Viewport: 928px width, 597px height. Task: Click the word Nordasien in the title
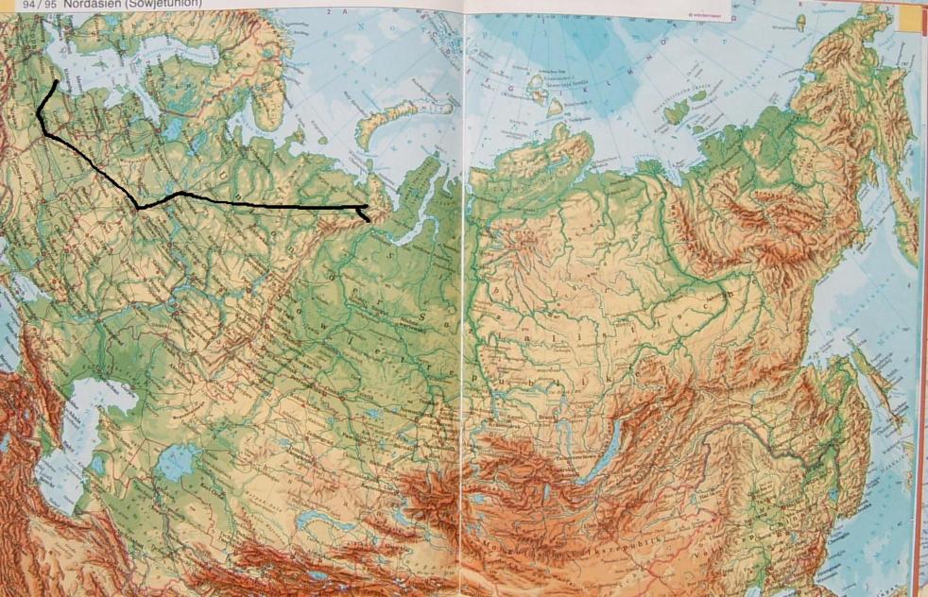(89, 4)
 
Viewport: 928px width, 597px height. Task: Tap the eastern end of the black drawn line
(368, 220)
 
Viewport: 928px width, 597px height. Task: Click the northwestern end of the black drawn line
(56, 82)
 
